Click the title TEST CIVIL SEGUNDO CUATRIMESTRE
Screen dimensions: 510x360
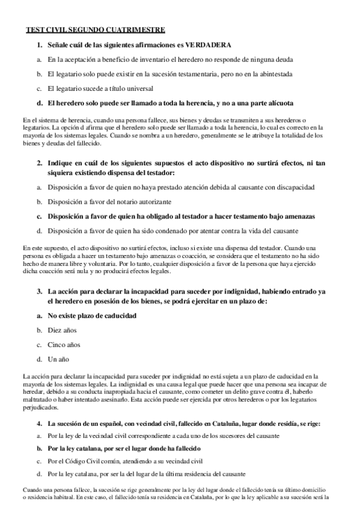pos(95,29)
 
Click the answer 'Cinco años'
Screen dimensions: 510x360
pos(64,345)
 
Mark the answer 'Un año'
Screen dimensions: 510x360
pos(59,360)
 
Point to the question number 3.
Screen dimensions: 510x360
pos(39,291)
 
